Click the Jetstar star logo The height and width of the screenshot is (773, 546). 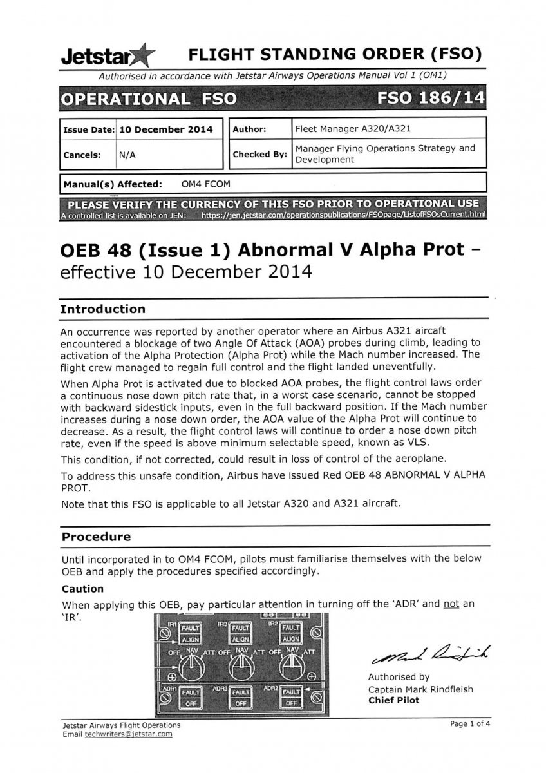[x=141, y=56]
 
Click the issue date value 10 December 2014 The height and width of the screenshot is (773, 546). [x=165, y=129]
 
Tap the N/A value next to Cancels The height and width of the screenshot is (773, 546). [x=126, y=155]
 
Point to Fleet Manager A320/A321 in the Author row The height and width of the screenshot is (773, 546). [x=352, y=128]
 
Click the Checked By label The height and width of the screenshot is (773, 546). [x=259, y=155]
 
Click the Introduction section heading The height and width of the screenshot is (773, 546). [x=102, y=309]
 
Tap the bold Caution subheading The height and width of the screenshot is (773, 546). [x=82, y=588]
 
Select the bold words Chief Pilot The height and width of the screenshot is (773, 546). [x=393, y=700]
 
